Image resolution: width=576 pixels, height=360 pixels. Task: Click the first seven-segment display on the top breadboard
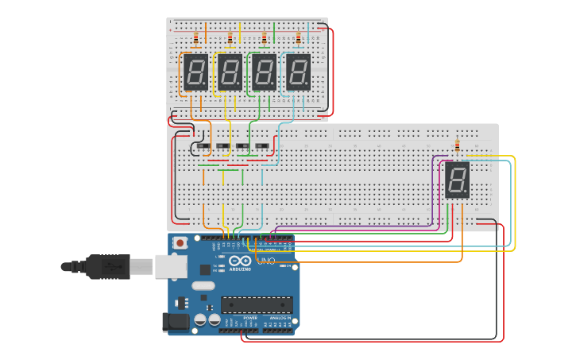pos(195,72)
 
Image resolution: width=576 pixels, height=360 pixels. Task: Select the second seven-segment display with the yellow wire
pos(230,72)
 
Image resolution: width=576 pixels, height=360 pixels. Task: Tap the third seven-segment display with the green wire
pos(264,72)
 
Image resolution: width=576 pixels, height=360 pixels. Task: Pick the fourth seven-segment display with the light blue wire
pos(298,72)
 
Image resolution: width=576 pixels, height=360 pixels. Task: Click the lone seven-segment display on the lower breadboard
pos(457,180)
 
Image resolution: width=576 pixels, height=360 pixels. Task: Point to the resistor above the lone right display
pos(457,146)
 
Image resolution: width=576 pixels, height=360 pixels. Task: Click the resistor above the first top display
pos(196,38)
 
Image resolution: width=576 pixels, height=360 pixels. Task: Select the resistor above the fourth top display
pos(299,38)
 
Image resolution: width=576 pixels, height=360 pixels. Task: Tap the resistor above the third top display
pos(265,38)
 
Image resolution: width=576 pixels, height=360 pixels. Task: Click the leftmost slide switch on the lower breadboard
pos(203,146)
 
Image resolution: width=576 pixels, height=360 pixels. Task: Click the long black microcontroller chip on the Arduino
pos(256,304)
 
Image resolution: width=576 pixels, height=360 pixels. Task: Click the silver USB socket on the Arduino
pos(169,266)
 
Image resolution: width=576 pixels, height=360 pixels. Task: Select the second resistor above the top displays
pos(230,38)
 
